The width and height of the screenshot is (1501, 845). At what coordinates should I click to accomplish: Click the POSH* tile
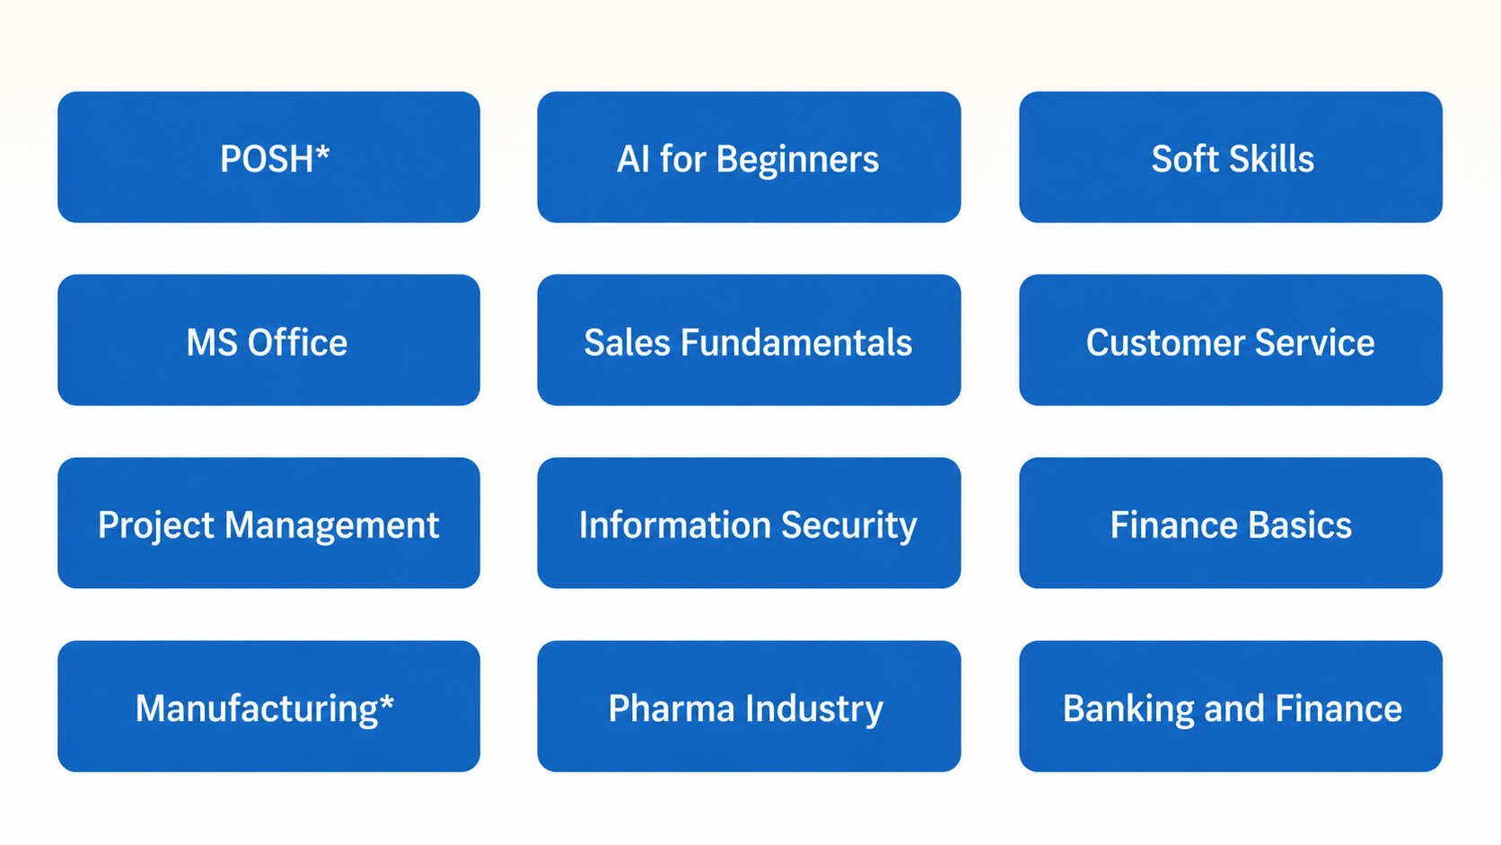tap(268, 157)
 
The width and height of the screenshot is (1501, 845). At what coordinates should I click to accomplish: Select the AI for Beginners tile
tap(749, 157)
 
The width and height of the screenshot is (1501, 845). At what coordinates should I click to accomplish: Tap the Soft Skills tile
tap(1231, 157)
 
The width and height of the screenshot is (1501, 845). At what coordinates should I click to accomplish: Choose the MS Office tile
tap(268, 340)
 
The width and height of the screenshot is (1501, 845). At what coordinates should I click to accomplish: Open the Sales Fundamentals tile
tap(749, 340)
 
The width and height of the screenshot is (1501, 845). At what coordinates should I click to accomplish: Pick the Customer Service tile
tap(1231, 340)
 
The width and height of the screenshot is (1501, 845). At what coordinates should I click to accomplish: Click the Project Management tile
tap(268, 524)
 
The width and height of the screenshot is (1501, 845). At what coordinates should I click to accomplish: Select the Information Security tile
tap(749, 524)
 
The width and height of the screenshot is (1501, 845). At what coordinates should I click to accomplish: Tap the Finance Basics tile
tap(1231, 524)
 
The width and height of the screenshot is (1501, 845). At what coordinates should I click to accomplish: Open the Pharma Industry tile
tap(749, 707)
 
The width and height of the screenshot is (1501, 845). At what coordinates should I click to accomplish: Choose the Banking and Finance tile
tap(1231, 707)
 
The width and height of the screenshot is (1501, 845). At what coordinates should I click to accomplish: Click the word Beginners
tap(797, 160)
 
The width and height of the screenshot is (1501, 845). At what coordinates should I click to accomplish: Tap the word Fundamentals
tap(796, 342)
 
